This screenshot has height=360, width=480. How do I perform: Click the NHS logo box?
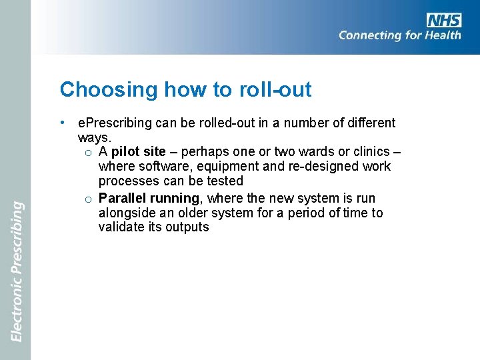coord(444,20)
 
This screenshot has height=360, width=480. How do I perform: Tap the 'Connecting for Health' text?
coord(399,35)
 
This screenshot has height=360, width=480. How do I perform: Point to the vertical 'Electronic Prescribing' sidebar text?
coord(17,271)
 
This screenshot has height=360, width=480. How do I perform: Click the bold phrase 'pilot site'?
coord(139,151)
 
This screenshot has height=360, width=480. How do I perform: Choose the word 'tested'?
coord(225,181)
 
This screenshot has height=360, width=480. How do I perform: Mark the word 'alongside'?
coord(125,213)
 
